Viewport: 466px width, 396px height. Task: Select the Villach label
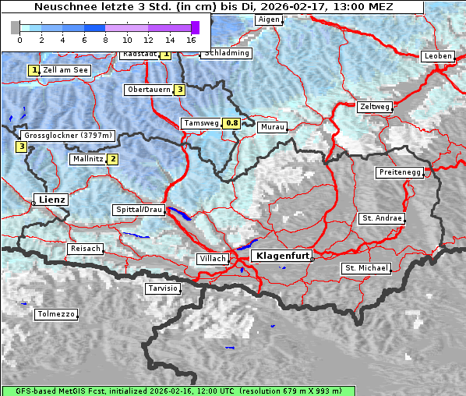[x=213, y=258]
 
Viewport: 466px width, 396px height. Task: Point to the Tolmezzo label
[x=55, y=315]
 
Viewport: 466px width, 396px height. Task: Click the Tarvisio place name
[x=163, y=288]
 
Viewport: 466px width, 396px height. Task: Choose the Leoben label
[x=437, y=56]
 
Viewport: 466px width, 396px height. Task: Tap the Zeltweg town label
[x=375, y=106]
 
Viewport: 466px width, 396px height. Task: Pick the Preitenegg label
[x=400, y=172]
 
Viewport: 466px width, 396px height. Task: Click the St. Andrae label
[x=381, y=218]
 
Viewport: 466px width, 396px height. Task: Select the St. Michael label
[x=366, y=268]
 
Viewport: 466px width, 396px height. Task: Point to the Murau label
[x=273, y=126]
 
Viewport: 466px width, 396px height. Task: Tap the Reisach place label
[x=86, y=249]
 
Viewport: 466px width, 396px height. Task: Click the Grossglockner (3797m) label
[x=69, y=136]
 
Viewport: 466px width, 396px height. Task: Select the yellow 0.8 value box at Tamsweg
[x=231, y=123]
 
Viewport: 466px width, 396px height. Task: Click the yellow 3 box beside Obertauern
[x=180, y=90]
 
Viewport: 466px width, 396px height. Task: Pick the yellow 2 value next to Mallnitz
[x=113, y=159]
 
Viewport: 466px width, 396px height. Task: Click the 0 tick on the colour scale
[x=19, y=39]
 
